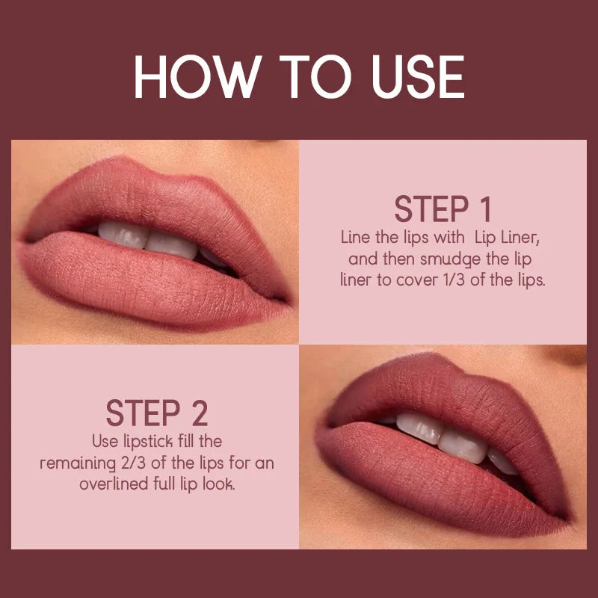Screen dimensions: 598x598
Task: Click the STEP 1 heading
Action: [x=443, y=210]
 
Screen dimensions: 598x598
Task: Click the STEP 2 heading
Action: [x=156, y=413]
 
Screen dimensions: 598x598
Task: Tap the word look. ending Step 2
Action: [x=217, y=484]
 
